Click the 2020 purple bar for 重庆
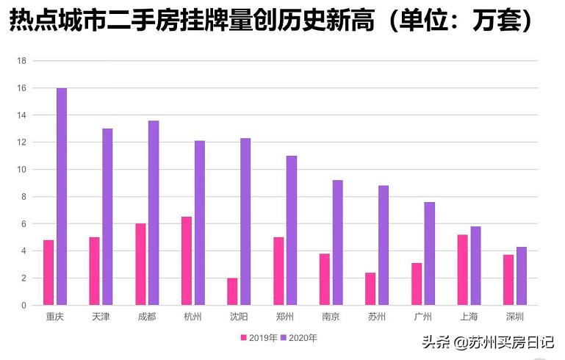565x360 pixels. pyautogui.click(x=62, y=196)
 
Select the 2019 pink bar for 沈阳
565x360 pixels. pyautogui.click(x=232, y=291)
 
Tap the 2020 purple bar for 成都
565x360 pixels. pyautogui.click(x=154, y=212)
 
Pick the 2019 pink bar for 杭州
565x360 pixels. pyautogui.click(x=187, y=261)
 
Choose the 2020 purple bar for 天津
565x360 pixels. pyautogui.click(x=107, y=217)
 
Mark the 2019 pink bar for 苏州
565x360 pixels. pyautogui.click(x=370, y=289)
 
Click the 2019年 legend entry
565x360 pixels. pyautogui.click(x=259, y=338)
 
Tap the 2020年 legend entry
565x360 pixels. pyautogui.click(x=299, y=338)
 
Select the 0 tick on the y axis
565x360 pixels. pyautogui.click(x=24, y=305)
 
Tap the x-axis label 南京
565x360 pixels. pyautogui.click(x=331, y=317)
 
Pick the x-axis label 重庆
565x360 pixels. pyautogui.click(x=54, y=317)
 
